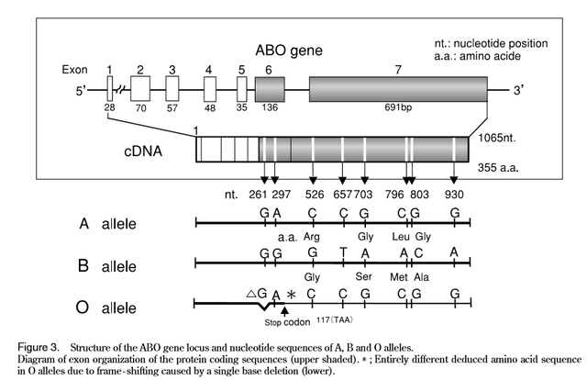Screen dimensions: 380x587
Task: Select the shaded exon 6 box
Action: [x=270, y=90]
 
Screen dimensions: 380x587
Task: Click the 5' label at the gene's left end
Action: [x=80, y=90]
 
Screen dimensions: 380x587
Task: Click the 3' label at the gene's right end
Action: [x=519, y=90]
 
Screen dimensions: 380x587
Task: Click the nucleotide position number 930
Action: [x=454, y=196]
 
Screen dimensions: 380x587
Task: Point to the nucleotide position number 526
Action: [x=313, y=196]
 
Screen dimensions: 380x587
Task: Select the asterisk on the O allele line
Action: [x=292, y=295]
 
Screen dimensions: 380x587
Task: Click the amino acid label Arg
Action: [x=312, y=236]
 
